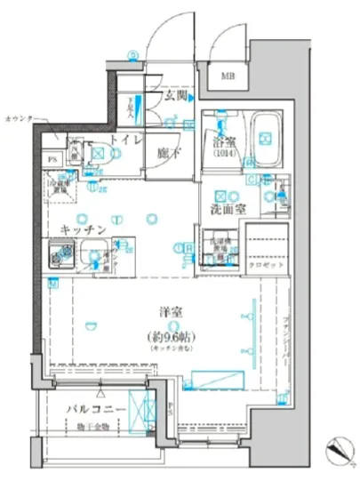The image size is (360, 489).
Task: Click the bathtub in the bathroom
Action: pos(264,137)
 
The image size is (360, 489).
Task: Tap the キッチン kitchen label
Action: pos(84,228)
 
